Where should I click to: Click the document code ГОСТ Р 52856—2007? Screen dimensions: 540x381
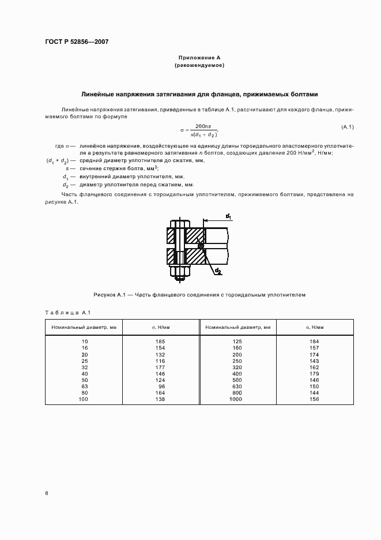coord(77,42)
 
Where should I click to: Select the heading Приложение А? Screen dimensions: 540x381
coord(199,58)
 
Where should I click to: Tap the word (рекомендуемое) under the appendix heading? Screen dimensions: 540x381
coord(199,66)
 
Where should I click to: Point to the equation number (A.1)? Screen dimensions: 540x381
coord(348,127)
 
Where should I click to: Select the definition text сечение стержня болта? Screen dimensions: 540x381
coord(113,168)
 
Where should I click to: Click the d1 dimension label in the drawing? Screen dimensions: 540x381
coord(228,216)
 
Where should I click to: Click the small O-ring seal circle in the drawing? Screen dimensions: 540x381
coord(200,246)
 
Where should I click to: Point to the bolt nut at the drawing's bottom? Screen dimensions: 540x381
coord(180,274)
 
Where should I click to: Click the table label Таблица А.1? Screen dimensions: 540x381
coord(65,313)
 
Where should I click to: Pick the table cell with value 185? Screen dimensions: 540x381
coord(160,342)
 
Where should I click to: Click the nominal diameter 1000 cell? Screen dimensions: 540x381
coord(236,399)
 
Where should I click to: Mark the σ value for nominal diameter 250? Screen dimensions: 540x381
coord(314,360)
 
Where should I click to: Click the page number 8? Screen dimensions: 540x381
coord(46,493)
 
